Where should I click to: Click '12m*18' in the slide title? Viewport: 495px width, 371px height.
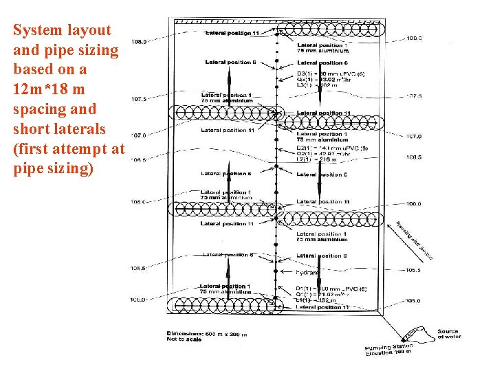point(39,89)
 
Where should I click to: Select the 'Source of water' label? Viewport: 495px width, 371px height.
point(448,334)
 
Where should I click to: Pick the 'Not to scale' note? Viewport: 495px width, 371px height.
point(184,340)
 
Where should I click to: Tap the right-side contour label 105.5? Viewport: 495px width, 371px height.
point(413,270)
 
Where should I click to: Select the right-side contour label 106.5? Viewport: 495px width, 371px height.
point(413,157)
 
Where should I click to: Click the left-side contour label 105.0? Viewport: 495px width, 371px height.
point(138,300)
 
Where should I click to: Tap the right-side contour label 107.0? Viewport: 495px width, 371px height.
point(413,137)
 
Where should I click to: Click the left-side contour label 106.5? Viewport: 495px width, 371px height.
point(138,159)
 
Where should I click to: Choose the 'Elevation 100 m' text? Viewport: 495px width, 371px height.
point(389,353)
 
